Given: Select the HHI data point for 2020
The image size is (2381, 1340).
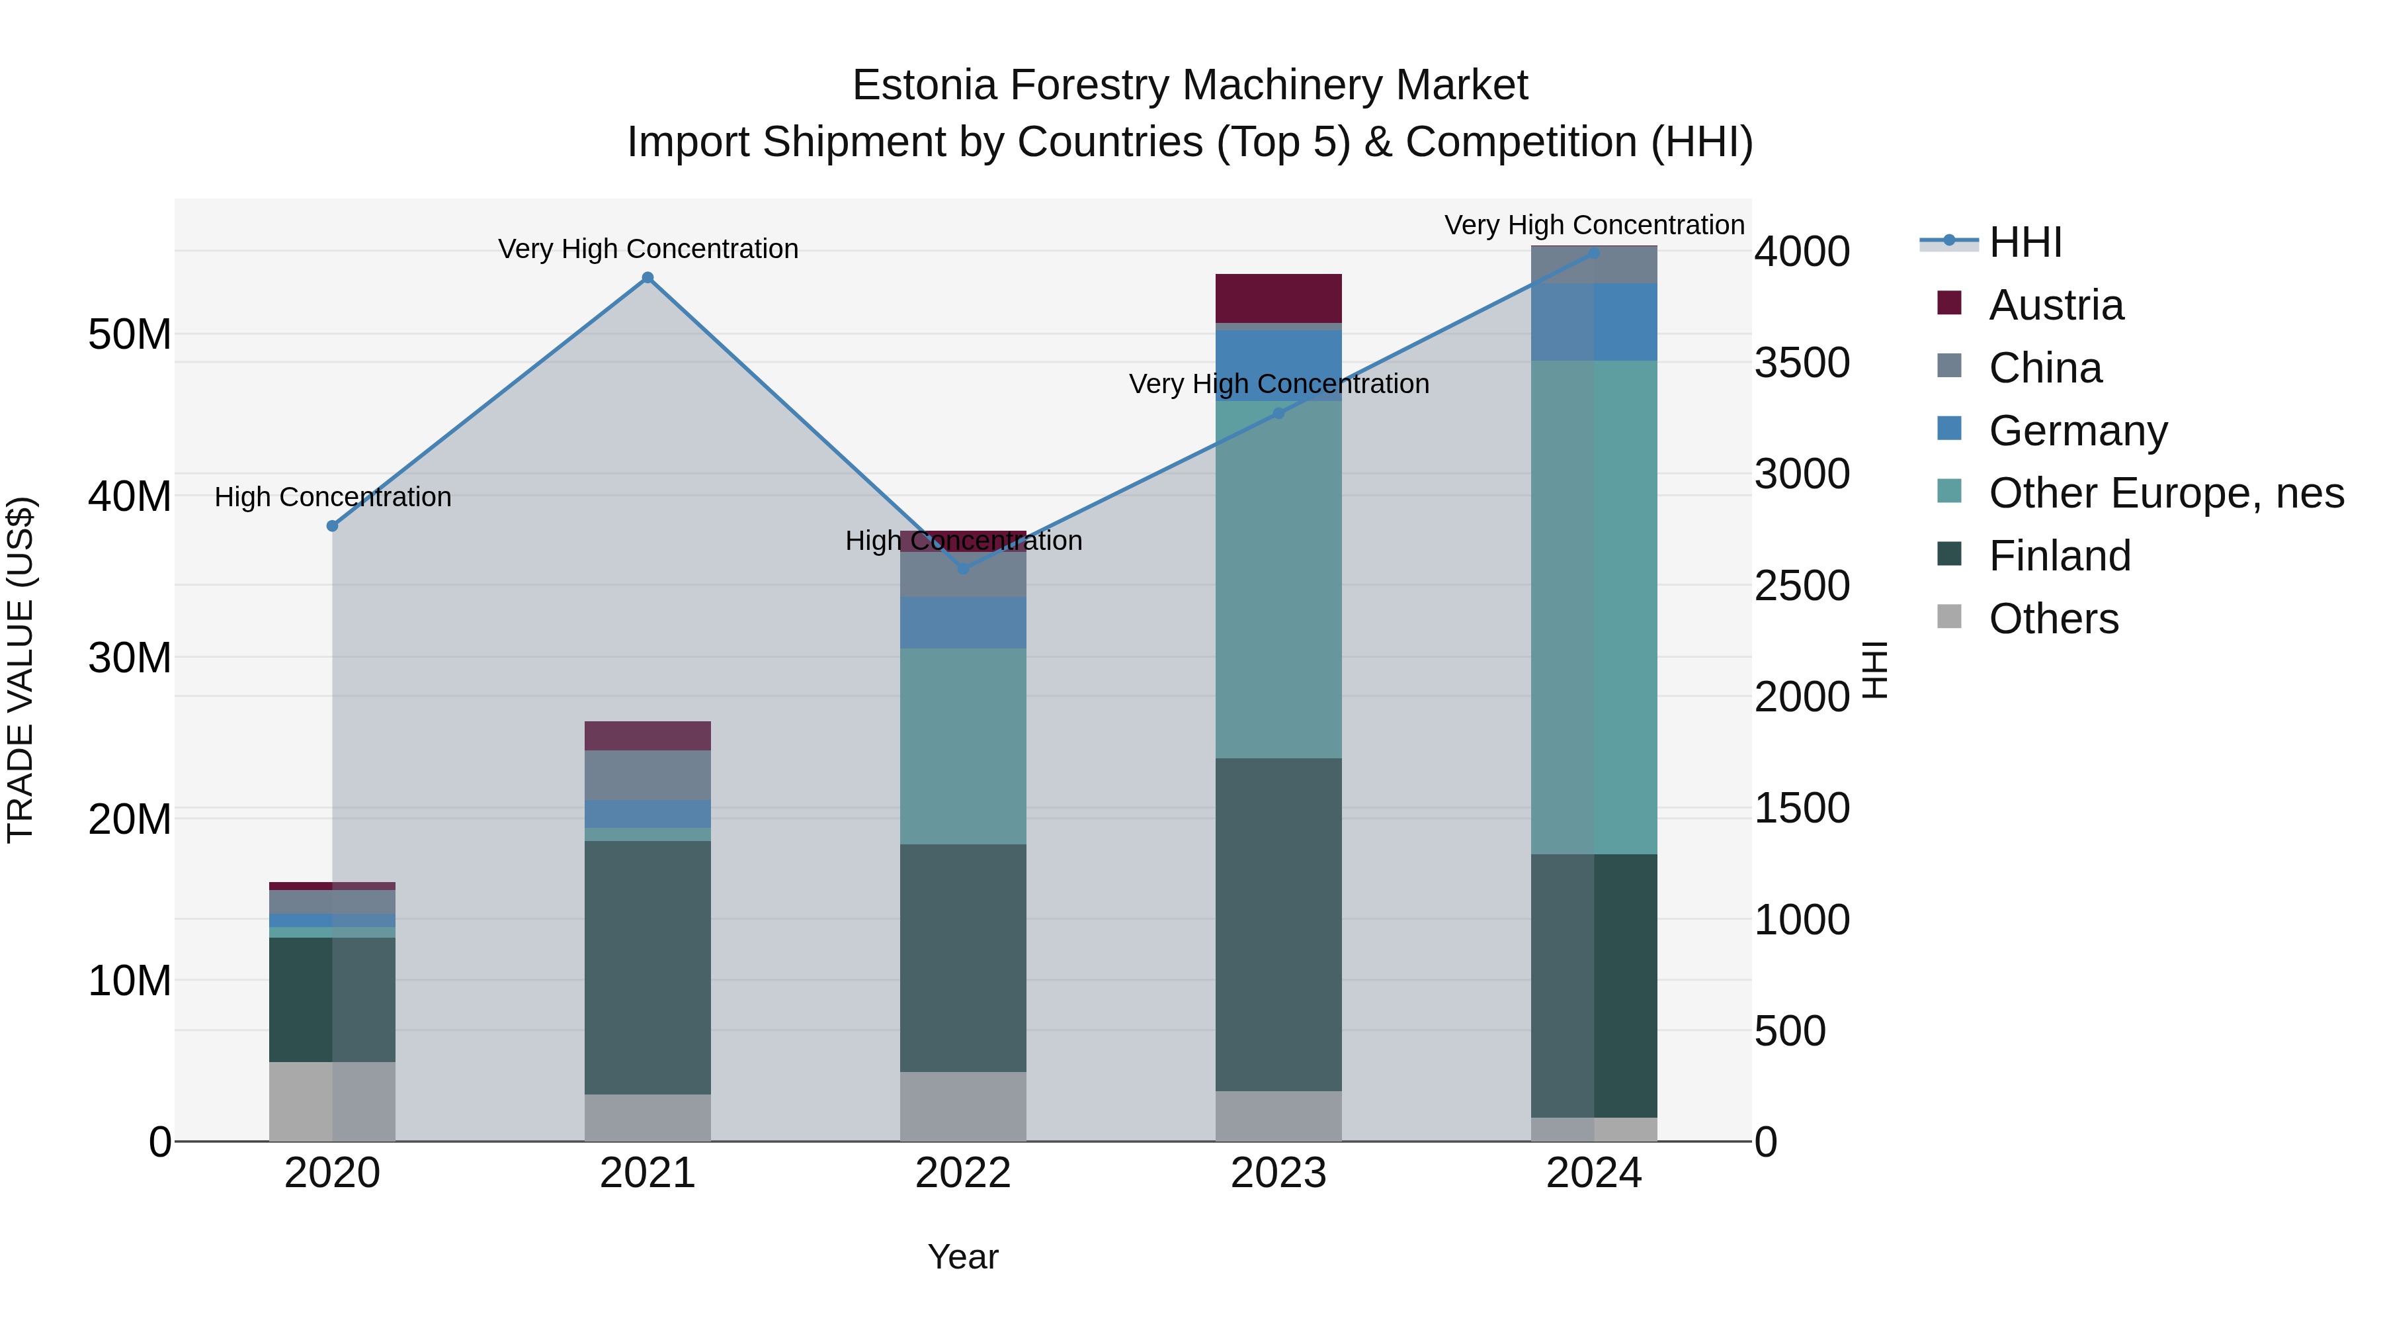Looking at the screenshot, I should click(x=333, y=526).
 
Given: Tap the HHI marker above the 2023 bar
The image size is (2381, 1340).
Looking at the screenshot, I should click(x=1279, y=414).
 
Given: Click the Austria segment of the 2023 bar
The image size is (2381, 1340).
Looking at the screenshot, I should click(x=1278, y=298).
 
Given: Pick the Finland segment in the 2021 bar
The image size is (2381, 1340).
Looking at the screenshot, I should click(x=648, y=966).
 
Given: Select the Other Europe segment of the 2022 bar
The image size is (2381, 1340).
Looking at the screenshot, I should click(x=963, y=745).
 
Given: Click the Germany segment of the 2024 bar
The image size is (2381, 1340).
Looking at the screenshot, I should click(x=1595, y=322).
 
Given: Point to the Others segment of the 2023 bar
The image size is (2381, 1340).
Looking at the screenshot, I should click(x=1278, y=1116).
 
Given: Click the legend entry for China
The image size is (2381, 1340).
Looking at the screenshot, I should click(x=2044, y=368).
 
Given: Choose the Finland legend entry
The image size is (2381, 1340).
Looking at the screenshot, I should click(x=2060, y=557).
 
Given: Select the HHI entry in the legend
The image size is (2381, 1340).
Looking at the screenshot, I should click(x=2025, y=242).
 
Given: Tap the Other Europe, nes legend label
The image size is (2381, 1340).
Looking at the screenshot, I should click(x=2165, y=494).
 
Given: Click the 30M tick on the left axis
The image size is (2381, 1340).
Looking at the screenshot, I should click(x=130, y=658).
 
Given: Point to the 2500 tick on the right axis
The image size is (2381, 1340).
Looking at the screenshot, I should click(x=1802, y=586).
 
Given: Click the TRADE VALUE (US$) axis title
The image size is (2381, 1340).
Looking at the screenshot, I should click(x=21, y=670).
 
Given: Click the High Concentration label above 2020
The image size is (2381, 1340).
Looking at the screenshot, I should click(x=333, y=498).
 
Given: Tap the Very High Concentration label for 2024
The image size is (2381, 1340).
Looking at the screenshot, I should click(x=1595, y=226).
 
